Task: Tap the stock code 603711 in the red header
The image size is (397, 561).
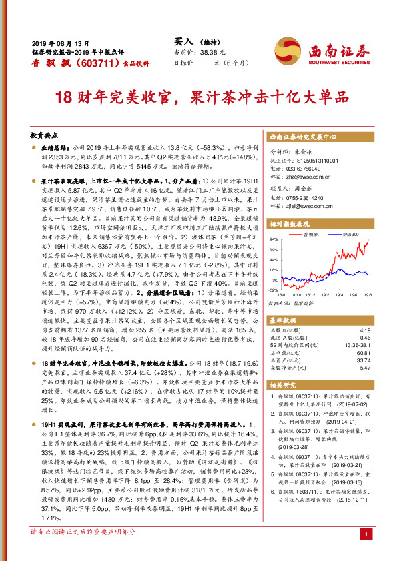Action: (86, 62)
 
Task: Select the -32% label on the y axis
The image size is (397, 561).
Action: (273, 290)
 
